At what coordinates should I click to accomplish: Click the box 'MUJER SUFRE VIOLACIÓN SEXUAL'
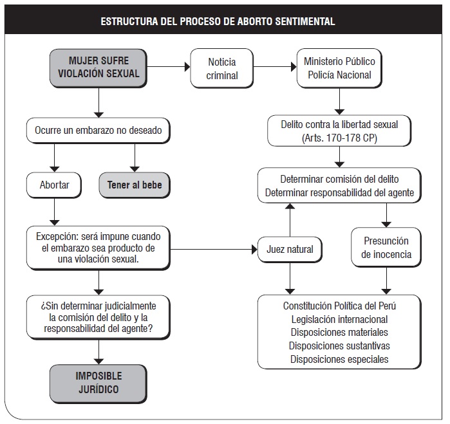click(98, 68)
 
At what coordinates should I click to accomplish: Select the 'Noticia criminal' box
click(222, 68)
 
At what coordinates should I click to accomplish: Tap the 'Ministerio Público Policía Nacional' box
click(339, 68)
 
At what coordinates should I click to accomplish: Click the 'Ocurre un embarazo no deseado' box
click(98, 131)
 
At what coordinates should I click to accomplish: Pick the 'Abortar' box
click(54, 185)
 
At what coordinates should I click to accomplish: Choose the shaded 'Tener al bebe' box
click(135, 185)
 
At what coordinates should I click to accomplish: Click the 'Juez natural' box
click(290, 249)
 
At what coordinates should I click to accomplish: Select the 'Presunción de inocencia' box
click(386, 247)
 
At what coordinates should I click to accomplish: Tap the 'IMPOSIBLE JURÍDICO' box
click(98, 384)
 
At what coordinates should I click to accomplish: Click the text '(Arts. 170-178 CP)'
click(339, 138)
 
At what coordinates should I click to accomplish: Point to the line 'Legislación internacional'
click(339, 319)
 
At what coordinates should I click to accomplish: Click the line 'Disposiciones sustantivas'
click(339, 346)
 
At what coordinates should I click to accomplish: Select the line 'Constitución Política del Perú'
click(339, 306)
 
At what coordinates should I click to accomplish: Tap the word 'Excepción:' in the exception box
click(57, 237)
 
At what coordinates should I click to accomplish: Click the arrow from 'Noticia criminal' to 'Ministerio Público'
click(275, 67)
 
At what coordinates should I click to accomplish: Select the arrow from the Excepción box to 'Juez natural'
click(214, 249)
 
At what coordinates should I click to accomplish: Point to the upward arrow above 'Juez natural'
click(290, 220)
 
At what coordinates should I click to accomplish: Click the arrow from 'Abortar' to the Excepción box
click(54, 212)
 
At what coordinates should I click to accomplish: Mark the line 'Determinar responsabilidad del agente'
click(339, 193)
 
